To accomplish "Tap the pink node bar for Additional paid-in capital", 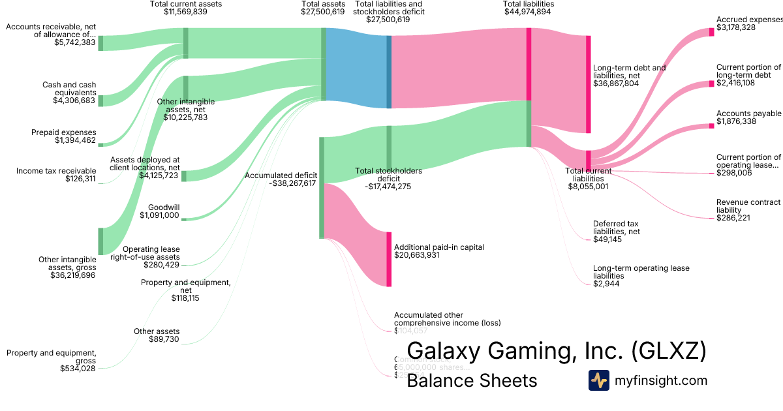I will pos(389,258).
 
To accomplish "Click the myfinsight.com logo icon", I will pos(598,380).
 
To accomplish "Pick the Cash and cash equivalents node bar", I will pos(100,100).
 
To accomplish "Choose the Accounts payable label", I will pos(748,114).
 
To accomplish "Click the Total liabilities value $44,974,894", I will pos(529,12).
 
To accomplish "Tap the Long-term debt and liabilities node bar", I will pos(588,84).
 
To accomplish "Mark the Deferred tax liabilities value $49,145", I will pos(607,239).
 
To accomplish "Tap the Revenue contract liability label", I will pos(748,206).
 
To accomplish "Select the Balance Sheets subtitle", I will pos(472,380).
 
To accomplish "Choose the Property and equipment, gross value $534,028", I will pos(78,369).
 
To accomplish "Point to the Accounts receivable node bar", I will pos(100,43).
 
